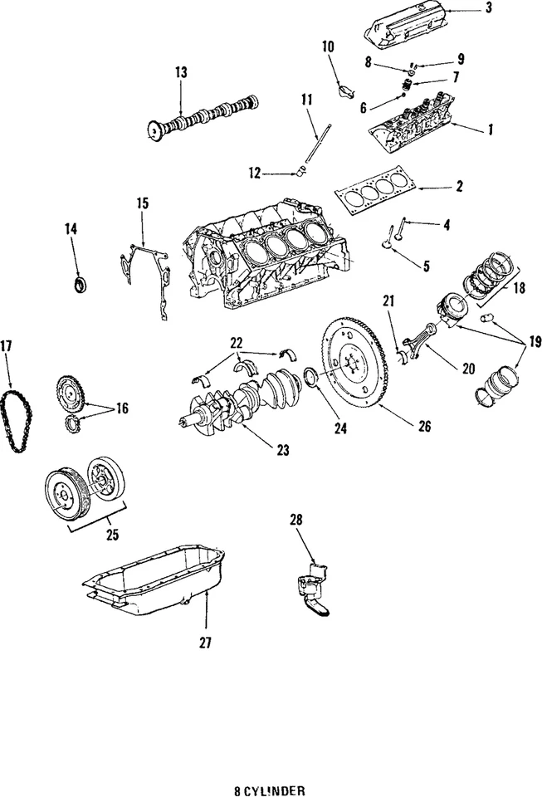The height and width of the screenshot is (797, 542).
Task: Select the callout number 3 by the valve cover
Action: pyautogui.click(x=488, y=8)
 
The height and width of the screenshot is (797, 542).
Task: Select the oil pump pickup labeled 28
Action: pyautogui.click(x=313, y=586)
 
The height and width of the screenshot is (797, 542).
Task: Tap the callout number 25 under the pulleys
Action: pyautogui.click(x=111, y=535)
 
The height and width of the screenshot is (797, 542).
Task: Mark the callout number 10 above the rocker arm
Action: pyautogui.click(x=328, y=46)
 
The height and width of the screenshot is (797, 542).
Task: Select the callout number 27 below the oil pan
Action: pyautogui.click(x=205, y=643)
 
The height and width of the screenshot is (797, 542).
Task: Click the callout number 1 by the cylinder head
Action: pyautogui.click(x=490, y=130)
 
